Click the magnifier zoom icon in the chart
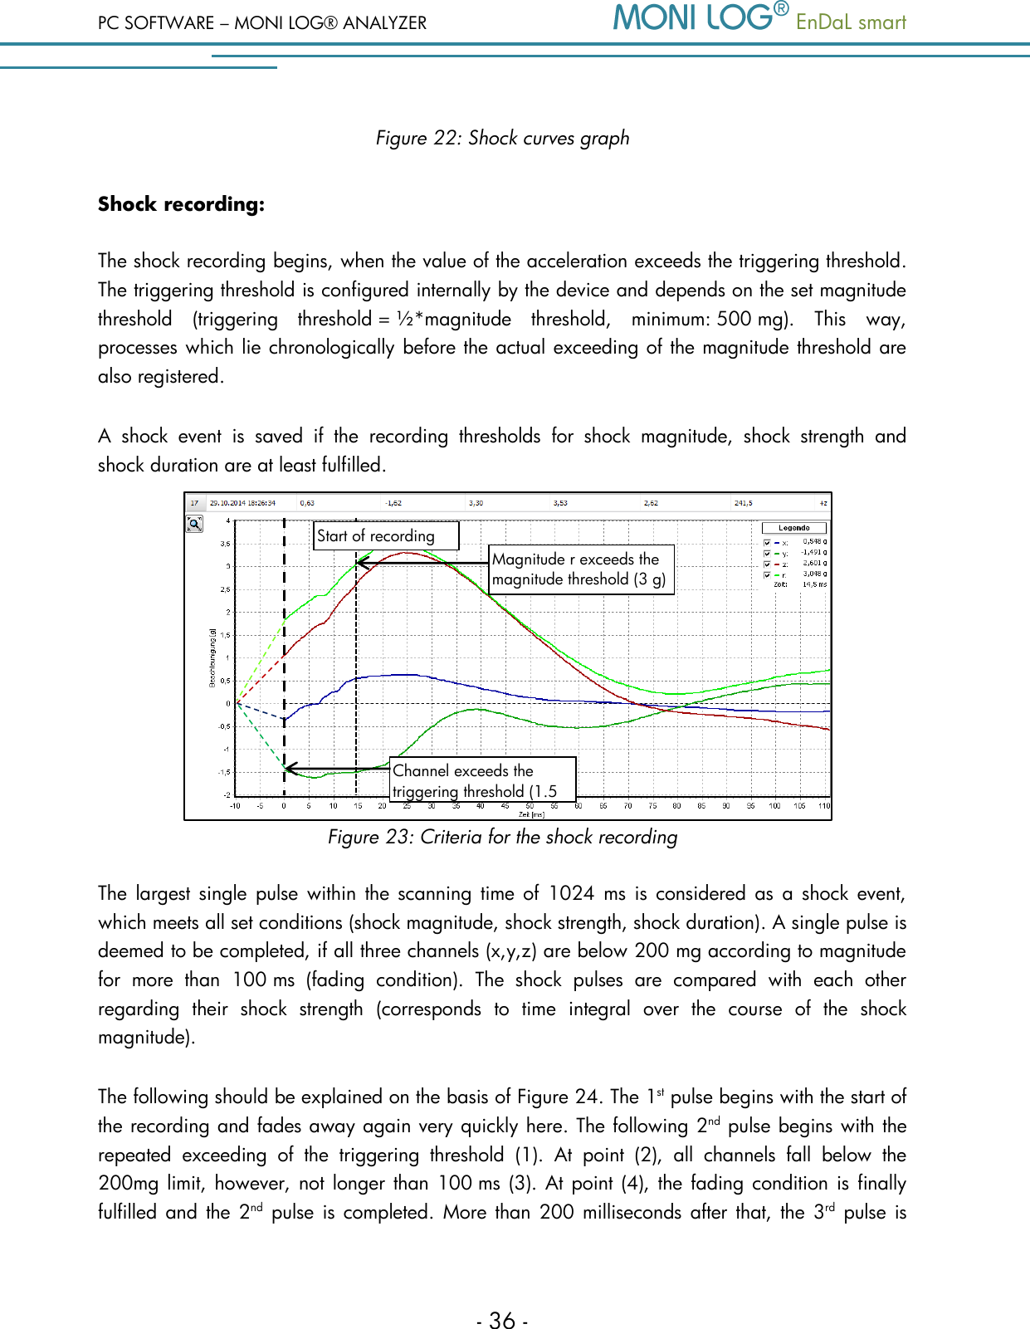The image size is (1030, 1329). [x=194, y=524]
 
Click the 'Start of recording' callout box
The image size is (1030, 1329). [x=386, y=535]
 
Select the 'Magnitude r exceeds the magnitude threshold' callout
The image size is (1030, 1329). [x=579, y=569]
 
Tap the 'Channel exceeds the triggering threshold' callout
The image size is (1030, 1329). [x=482, y=780]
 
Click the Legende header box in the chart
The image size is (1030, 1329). [x=793, y=528]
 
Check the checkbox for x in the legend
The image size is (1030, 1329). [x=767, y=543]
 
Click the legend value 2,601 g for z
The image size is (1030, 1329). [x=813, y=564]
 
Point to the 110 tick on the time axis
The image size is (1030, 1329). [x=823, y=806]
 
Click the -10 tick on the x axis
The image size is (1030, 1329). [x=235, y=806]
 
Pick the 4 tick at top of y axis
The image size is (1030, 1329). [x=228, y=521]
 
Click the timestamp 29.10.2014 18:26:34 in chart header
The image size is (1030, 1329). [x=242, y=503]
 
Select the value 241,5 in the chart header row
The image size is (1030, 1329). [x=743, y=503]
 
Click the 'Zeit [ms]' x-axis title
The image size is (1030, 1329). [x=531, y=814]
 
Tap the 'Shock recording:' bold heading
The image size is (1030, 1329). [x=181, y=204]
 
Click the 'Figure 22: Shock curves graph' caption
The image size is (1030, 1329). [x=502, y=138]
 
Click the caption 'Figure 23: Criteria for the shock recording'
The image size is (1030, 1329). [x=502, y=837]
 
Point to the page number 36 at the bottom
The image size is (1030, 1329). [x=502, y=1320]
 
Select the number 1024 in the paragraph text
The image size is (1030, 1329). [x=571, y=894]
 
